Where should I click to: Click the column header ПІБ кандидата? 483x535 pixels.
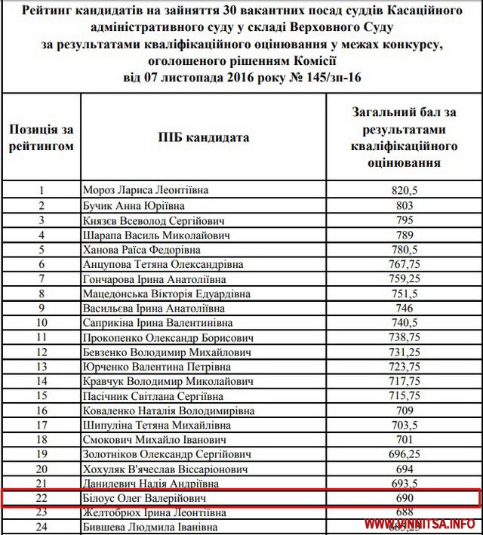[x=204, y=137]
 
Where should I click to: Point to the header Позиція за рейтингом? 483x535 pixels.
[x=42, y=137]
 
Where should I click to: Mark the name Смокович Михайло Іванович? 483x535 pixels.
[x=154, y=440]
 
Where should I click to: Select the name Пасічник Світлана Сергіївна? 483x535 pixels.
[x=155, y=396]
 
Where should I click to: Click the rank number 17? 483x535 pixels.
[x=42, y=426]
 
